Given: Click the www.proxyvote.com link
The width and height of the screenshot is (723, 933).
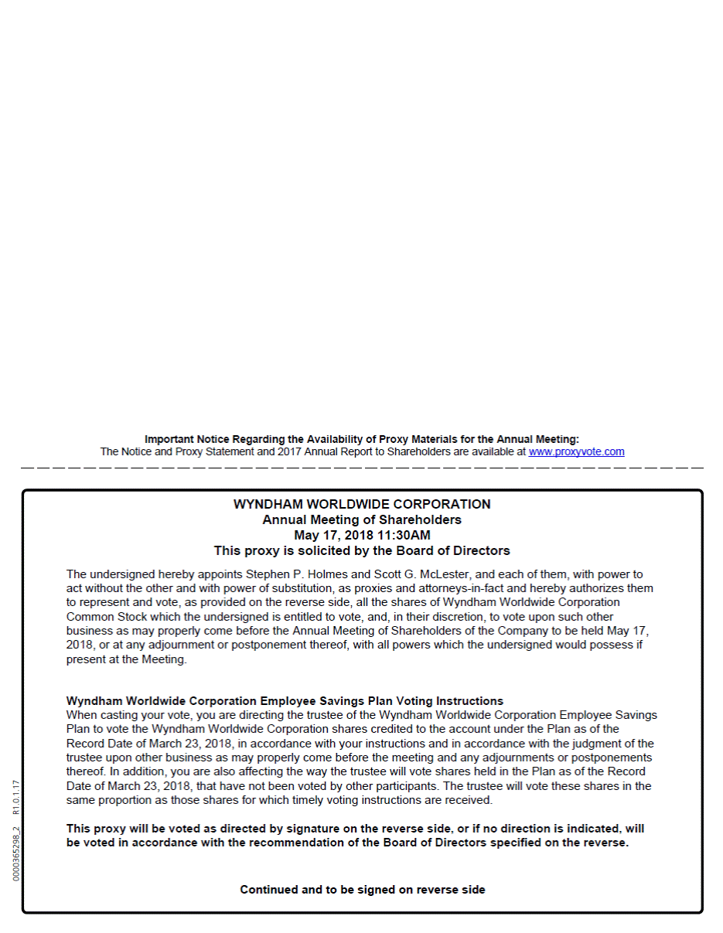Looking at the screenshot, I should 576,452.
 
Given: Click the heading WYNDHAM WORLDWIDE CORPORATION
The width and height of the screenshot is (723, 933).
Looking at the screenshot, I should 362,505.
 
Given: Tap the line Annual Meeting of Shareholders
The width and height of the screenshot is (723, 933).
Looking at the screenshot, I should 362,520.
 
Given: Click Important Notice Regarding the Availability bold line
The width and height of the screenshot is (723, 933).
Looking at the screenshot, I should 362,439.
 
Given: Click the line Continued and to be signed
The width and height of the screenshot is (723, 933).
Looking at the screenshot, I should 362,890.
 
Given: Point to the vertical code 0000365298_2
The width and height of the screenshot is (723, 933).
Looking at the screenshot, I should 16,854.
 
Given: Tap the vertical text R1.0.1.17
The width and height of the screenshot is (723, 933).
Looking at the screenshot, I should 16,797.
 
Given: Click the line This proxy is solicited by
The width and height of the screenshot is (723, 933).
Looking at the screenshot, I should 362,551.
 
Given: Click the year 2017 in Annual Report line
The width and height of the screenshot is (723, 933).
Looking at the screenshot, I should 280,452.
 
